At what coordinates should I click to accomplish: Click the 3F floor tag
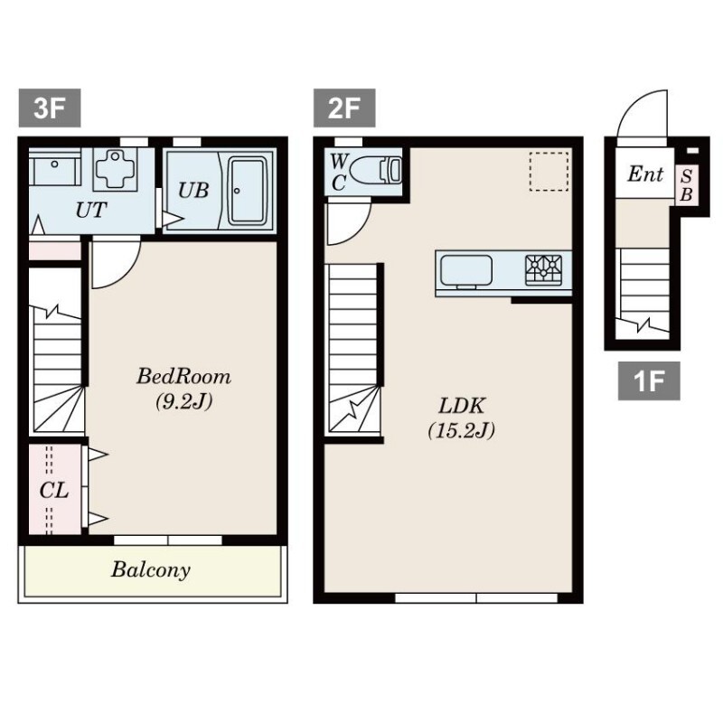(50, 108)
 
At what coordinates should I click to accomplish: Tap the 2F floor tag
(344, 108)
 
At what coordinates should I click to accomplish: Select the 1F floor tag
(649, 380)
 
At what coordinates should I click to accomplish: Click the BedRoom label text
(183, 376)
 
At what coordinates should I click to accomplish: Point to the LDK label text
(461, 406)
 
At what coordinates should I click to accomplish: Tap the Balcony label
(151, 570)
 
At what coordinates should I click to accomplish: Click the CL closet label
(54, 490)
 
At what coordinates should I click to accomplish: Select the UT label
(91, 211)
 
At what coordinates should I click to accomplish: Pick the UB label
(193, 190)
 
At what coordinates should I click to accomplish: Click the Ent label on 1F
(645, 174)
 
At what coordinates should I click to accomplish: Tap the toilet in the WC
(376, 170)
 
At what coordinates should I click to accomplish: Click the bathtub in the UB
(248, 191)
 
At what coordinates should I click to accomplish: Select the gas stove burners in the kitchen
(544, 269)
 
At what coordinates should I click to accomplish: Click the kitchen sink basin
(466, 270)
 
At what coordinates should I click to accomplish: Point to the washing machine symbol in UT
(116, 169)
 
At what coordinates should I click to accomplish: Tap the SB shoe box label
(686, 185)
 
